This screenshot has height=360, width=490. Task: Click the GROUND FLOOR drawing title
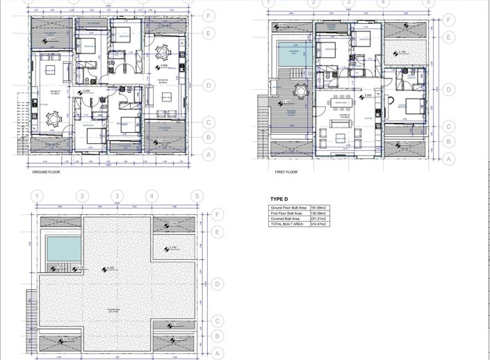coord(46,172)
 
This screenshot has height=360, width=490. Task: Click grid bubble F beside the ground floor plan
coord(207,15)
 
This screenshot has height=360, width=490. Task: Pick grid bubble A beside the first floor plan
coord(450,158)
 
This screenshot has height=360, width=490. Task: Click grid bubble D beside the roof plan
coord(217,284)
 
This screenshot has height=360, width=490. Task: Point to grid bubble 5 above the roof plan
coord(198,197)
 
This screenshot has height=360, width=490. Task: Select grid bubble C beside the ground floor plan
coord(207,122)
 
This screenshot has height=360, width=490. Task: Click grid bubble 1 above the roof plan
coord(37,197)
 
